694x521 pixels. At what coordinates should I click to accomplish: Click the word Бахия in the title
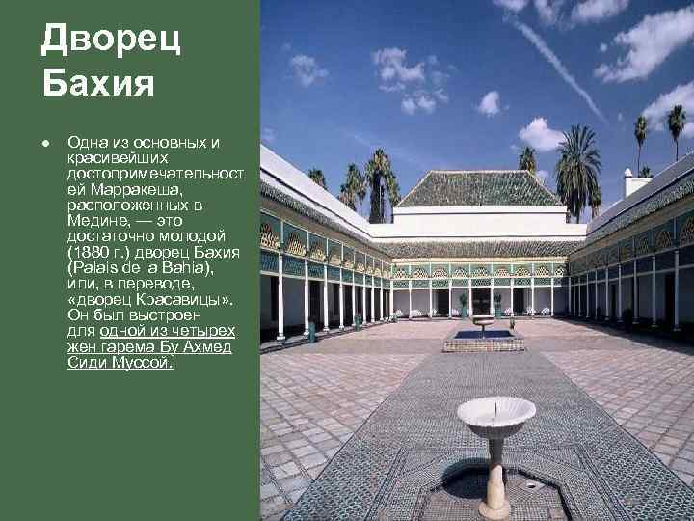point(98,83)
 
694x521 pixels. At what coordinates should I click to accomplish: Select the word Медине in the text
point(96,221)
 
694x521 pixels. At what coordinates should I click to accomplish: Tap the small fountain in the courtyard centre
point(483,324)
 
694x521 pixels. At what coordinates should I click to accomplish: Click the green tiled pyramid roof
point(479,189)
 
